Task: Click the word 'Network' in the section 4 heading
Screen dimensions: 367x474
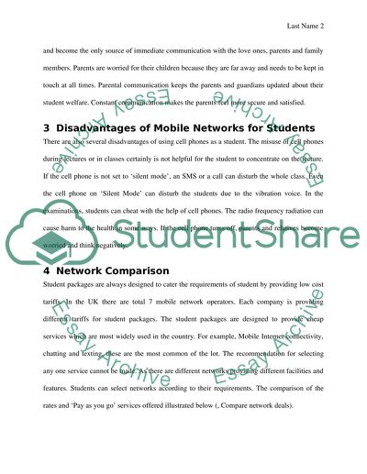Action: point(77,271)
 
